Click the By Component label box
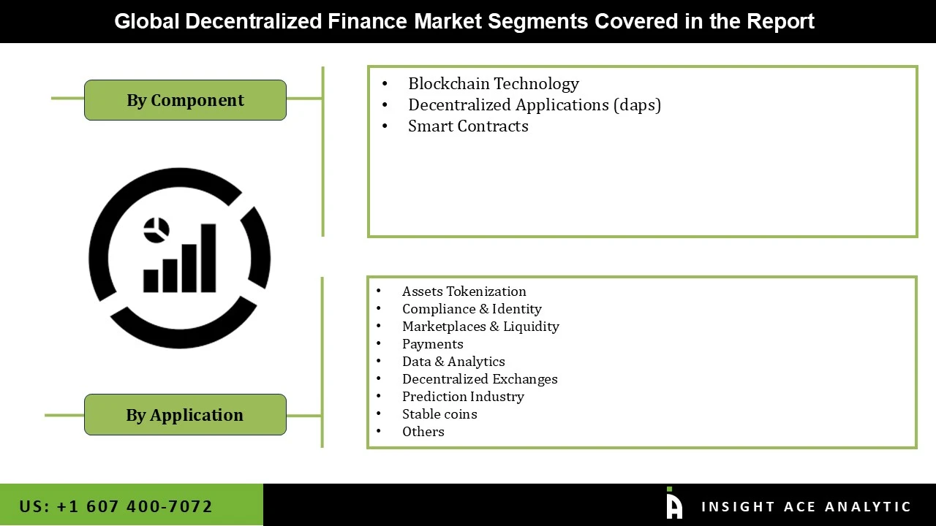tap(185, 100)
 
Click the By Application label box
tap(185, 415)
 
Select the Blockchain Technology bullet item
tap(493, 84)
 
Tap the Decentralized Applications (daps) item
tap(534, 105)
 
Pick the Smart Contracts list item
tap(468, 126)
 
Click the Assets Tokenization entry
tap(464, 291)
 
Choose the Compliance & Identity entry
tap(472, 309)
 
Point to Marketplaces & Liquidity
tap(480, 327)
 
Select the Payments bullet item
tap(432, 344)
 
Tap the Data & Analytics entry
tap(453, 362)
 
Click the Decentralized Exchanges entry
tap(480, 379)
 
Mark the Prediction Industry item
tap(463, 397)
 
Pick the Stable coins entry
tap(439, 414)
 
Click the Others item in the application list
tap(423, 432)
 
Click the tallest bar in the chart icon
tap(208, 258)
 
